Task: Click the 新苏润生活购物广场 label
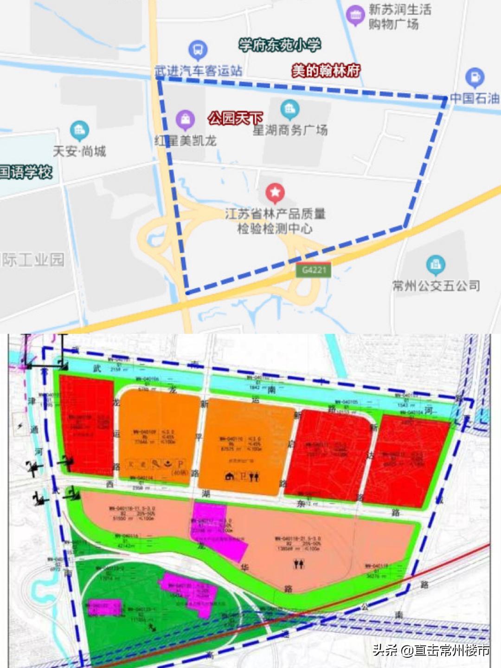pos(400,17)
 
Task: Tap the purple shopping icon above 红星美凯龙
pos(185,120)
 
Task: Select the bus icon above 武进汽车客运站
pos(198,49)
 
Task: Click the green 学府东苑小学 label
pos(279,45)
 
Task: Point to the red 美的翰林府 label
pos(326,71)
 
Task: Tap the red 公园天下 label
pos(235,118)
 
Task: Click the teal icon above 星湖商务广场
pos(290,109)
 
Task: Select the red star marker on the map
pos(275,192)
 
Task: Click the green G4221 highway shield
pos(314,270)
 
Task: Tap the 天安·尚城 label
pos(79,151)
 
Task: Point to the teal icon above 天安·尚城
pos(79,130)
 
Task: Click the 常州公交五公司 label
pos(436,285)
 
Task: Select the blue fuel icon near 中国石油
pos(475,78)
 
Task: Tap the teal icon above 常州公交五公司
pos(435,265)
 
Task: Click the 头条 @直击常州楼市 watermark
pos(431,650)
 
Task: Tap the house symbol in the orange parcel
pos(229,477)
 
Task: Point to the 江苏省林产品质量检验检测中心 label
pos(275,221)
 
